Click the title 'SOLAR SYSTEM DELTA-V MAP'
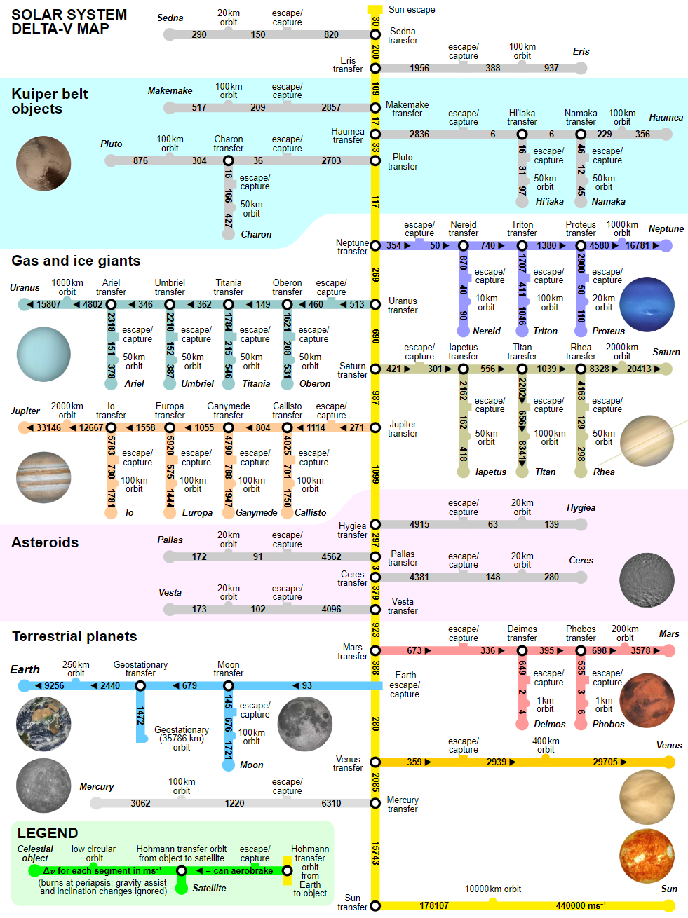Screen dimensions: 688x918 pyautogui.click(x=69, y=21)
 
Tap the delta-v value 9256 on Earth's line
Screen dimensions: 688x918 pyautogui.click(x=54, y=685)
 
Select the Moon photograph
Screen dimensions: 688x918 pyautogui.click(x=304, y=724)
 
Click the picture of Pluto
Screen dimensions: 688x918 pyautogui.click(x=43, y=163)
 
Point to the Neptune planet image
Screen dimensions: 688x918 pyautogui.click(x=647, y=304)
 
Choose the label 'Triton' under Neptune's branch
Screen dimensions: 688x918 pyautogui.click(x=546, y=331)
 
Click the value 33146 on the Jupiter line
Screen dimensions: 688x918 pyautogui.click(x=48, y=427)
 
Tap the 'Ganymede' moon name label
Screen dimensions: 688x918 pyautogui.click(x=256, y=512)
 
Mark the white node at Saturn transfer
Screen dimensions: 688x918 pyautogui.click(x=375, y=369)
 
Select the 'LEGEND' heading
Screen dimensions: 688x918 pyautogui.click(x=48, y=833)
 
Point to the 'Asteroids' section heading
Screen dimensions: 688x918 pyautogui.click(x=45, y=542)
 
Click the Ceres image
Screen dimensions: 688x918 pyautogui.click(x=647, y=580)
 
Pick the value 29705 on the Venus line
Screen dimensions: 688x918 pyautogui.click(x=605, y=762)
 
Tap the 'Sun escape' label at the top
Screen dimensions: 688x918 pyautogui.click(x=412, y=10)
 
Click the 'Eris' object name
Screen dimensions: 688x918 pyautogui.click(x=581, y=51)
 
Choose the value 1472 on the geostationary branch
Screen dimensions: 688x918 pyautogui.click(x=140, y=715)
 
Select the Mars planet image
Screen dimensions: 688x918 pyautogui.click(x=647, y=701)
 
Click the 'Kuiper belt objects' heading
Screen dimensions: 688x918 pyautogui.click(x=49, y=101)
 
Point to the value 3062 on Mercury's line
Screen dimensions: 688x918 pyautogui.click(x=140, y=803)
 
